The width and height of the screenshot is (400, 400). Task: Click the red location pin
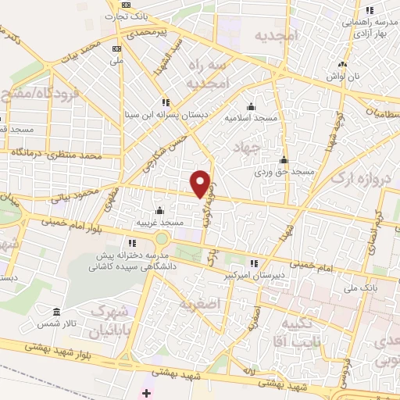point(202,183)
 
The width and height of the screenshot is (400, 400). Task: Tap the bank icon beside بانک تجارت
point(127,5)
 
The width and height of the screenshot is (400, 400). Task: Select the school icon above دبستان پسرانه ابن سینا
point(164,102)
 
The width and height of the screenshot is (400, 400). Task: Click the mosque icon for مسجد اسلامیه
point(251,107)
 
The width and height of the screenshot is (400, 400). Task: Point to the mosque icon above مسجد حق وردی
point(284,159)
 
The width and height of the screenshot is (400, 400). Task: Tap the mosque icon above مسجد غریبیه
point(159,210)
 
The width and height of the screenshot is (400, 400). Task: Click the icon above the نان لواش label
point(341,64)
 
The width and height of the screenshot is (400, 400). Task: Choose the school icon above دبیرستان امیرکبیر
point(253,263)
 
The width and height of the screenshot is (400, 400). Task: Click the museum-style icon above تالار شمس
point(55,311)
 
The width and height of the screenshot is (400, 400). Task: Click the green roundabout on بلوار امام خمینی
point(162,238)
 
